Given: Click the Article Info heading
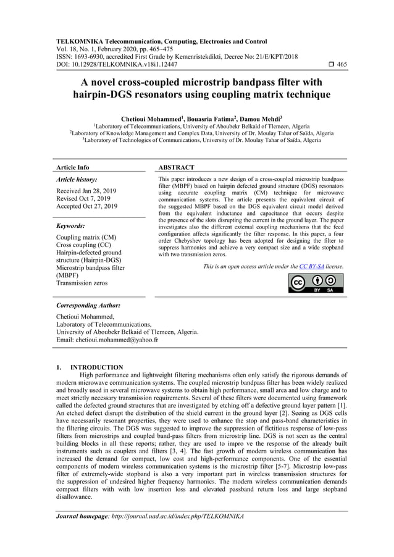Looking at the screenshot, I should pyautogui.click(x=73, y=167).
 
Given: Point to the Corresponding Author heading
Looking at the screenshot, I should pyautogui.click(x=88, y=305).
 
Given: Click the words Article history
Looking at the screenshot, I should pyautogui.click(x=77, y=179).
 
